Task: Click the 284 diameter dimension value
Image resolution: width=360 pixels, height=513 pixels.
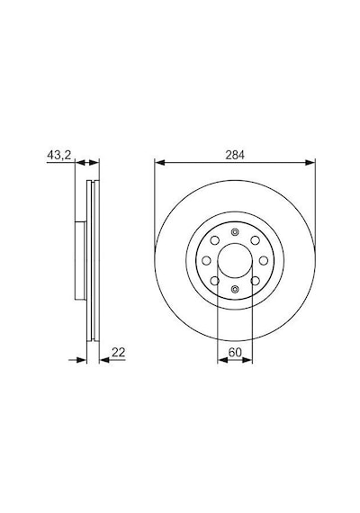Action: click(x=235, y=155)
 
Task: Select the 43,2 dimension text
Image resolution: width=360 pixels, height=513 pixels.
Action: click(x=59, y=155)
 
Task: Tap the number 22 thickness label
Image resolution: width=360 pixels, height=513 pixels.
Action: click(x=119, y=353)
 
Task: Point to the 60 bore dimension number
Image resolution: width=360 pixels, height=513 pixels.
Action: click(x=235, y=353)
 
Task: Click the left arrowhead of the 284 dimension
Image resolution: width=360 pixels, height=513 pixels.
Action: click(x=159, y=163)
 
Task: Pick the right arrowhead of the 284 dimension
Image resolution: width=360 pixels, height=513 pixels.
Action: click(x=310, y=163)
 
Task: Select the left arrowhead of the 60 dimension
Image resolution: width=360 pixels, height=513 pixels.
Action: click(x=222, y=360)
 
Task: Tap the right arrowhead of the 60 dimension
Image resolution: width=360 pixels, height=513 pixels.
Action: click(x=247, y=360)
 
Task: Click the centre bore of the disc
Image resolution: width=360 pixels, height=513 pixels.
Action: click(x=235, y=261)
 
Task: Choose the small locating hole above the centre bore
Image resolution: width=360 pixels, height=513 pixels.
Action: click(x=235, y=232)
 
